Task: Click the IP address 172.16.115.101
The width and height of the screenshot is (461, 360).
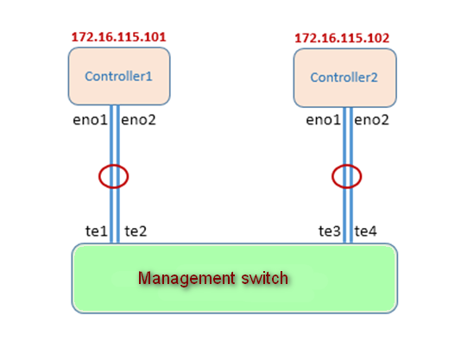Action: click(119, 37)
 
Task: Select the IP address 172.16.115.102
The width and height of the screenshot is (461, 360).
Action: click(342, 38)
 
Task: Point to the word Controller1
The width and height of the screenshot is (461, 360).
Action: click(118, 77)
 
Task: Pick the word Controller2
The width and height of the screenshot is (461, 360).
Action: click(344, 78)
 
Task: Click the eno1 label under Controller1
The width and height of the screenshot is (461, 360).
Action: click(90, 120)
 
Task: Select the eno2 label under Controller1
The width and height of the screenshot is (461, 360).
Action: click(138, 120)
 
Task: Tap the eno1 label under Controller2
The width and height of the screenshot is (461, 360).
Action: click(323, 120)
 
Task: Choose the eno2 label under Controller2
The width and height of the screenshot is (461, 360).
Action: click(371, 120)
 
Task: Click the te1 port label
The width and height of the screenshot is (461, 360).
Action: click(97, 231)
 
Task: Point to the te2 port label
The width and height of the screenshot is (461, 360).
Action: click(136, 231)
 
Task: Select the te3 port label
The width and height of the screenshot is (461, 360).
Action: click(330, 231)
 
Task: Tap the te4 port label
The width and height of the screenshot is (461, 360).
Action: click(365, 231)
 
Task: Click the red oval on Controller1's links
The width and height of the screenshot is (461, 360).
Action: click(99, 176)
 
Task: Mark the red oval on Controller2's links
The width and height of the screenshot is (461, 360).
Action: click(332, 176)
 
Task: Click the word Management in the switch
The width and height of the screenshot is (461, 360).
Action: click(186, 278)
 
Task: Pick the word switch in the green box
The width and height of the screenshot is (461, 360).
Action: click(265, 278)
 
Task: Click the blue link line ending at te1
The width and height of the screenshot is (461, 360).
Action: click(111, 174)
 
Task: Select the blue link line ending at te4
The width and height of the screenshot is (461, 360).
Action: click(351, 175)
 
